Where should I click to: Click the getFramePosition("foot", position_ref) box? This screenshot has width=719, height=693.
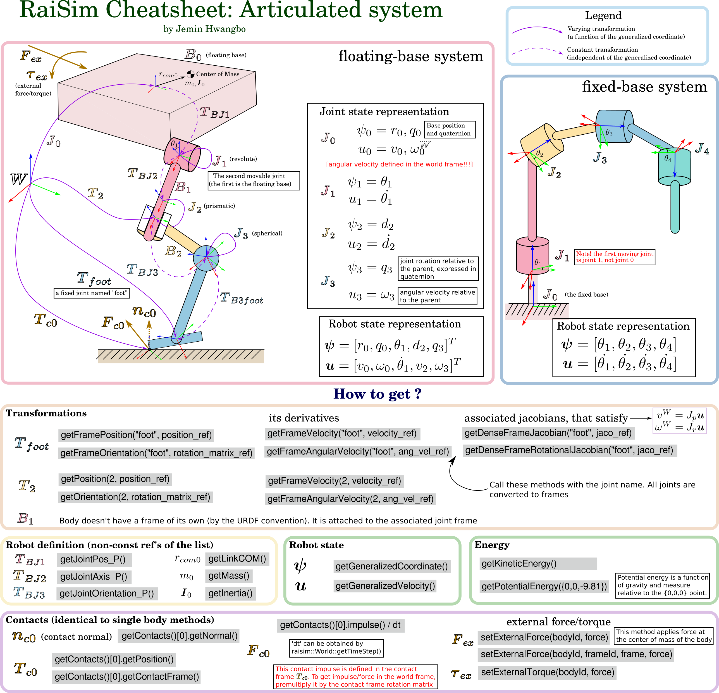(136, 435)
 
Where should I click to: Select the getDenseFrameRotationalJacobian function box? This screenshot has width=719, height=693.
(569, 450)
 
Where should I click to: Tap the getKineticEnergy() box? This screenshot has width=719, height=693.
(538, 564)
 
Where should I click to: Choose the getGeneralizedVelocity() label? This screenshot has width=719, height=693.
(385, 586)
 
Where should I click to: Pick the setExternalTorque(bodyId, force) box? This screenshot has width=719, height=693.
(547, 672)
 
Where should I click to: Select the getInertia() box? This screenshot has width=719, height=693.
(230, 594)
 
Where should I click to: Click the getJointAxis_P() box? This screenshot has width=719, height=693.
(94, 577)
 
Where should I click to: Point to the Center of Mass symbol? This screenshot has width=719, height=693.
(190, 74)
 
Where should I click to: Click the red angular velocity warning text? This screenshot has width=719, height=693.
(399, 164)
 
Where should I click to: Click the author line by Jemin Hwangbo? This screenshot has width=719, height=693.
(204, 29)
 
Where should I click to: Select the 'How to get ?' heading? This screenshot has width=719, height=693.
(377, 394)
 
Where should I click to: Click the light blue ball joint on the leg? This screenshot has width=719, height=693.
(206, 258)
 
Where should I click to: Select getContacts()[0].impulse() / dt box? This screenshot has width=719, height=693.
(340, 625)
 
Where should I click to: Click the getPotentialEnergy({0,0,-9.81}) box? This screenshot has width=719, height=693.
(544, 586)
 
